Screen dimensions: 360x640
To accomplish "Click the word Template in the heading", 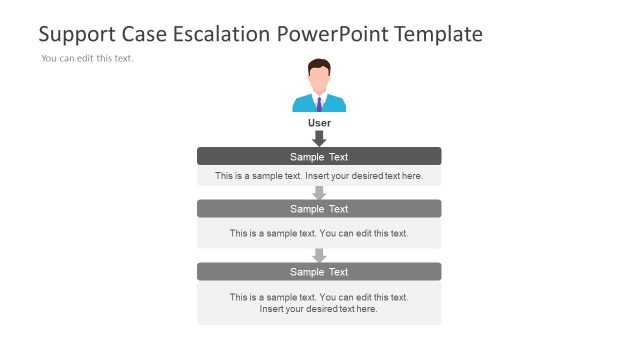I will pos(439,35).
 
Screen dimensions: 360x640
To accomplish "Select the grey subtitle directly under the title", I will pos(87,58).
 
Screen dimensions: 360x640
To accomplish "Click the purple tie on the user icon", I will pos(319,103).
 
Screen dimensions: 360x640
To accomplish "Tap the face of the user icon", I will pos(319,78).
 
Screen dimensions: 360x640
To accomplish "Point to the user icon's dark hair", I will pos(319,65).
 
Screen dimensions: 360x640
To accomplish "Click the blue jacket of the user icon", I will pos(303,104).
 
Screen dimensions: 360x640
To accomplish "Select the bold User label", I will pos(319,123).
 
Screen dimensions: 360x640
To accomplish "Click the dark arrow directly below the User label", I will pos(319,138).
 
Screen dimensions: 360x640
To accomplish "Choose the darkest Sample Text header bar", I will pos(319,156).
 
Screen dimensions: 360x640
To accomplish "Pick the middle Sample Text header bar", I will pos(319,209).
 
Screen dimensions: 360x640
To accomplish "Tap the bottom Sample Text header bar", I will pos(319,272).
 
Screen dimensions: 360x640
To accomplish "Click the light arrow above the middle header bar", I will pos(319,192).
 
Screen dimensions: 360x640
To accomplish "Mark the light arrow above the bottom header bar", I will pos(319,255).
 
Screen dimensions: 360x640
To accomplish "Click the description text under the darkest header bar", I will pos(319,176).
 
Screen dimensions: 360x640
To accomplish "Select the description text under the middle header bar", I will pos(319,233).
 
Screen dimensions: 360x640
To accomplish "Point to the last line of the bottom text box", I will pos(319,309).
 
